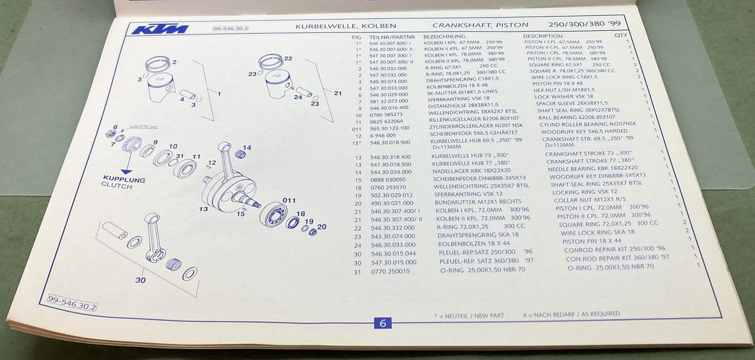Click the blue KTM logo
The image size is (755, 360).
pos(159,29)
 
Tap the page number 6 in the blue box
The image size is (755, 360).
pos(382,323)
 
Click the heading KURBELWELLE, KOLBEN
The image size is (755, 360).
pos(345,26)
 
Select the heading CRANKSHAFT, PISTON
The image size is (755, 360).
pos(480,25)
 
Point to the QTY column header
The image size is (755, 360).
pos(620,36)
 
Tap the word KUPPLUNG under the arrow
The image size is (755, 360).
pos(124,180)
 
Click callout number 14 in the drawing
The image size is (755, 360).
pos(247,148)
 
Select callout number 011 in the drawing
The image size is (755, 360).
pos(289,201)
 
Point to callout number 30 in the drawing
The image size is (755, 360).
pos(140,280)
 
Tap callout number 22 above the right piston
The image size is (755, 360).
pos(288,59)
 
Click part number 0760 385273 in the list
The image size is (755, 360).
pos(386,115)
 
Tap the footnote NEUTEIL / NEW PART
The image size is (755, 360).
pos(469,316)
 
